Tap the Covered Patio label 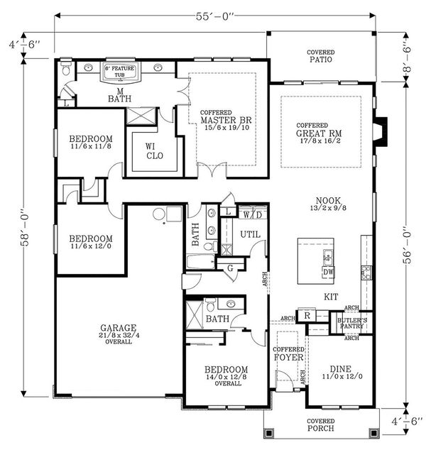point(321,56)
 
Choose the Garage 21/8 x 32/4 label point(119,334)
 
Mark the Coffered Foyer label point(288,353)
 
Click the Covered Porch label point(321,425)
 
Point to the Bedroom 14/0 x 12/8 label point(226,374)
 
